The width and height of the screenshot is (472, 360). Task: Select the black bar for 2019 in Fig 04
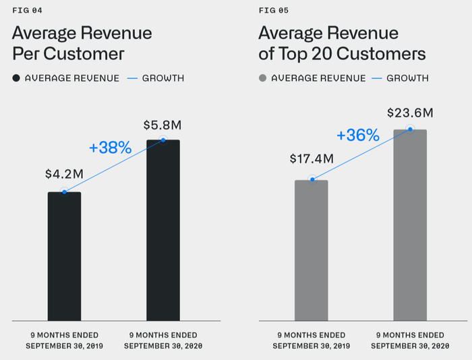coord(64,256)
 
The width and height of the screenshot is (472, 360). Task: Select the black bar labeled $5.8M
coord(163,230)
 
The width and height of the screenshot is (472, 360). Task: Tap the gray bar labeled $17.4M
coord(312,250)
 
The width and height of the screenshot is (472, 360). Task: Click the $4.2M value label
coord(64,174)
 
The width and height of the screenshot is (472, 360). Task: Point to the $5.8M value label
coord(163,125)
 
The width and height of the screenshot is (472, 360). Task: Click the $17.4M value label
coord(312,159)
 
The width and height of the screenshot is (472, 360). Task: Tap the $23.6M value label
coord(409,113)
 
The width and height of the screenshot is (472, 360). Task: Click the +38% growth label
coord(110,148)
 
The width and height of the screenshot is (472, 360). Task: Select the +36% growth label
coord(357,136)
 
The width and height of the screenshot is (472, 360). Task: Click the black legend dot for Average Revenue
coord(16,78)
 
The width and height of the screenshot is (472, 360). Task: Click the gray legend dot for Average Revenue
coord(263,78)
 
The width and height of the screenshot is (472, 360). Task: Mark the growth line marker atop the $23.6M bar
coord(410,129)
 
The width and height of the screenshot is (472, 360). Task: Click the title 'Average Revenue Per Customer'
coord(82,43)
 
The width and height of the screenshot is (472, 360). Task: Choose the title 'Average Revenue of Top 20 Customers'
coord(342,43)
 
